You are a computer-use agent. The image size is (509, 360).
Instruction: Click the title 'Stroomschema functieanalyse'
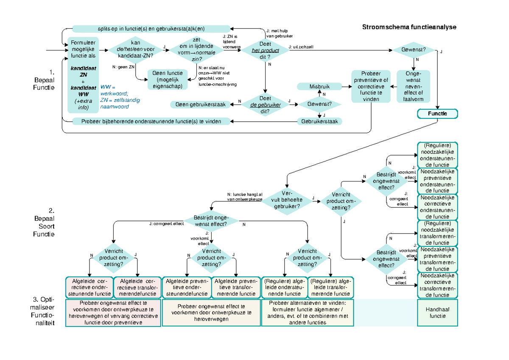(409, 27)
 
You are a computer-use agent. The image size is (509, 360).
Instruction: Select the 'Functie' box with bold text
(437, 114)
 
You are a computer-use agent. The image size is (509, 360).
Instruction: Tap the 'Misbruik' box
(319, 87)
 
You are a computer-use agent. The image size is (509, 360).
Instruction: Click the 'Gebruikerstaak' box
(319, 121)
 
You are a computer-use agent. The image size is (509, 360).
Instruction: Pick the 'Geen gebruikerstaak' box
(201, 104)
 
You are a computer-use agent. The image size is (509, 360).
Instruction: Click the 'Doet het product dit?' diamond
(265, 50)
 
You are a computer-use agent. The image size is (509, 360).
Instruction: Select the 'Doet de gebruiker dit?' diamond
(265, 104)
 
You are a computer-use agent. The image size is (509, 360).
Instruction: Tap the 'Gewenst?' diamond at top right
(413, 50)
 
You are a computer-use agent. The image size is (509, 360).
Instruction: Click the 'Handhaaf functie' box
(437, 313)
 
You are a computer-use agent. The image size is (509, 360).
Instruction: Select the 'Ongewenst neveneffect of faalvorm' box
(413, 87)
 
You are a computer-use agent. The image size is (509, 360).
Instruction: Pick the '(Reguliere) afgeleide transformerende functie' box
(330, 287)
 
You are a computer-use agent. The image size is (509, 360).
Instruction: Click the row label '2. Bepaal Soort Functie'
(45, 222)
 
